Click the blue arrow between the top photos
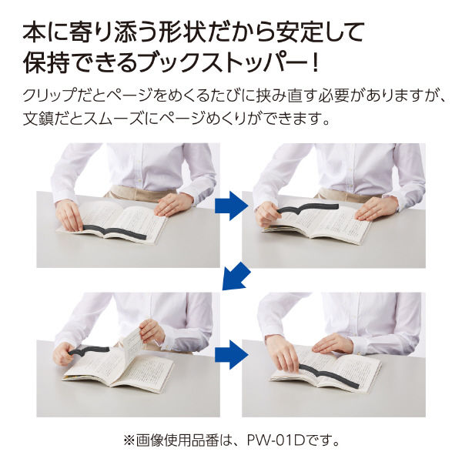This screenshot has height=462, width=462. pos(231,205)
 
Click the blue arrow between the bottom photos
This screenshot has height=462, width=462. pos(231,354)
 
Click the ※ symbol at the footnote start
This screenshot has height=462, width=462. pos(128,443)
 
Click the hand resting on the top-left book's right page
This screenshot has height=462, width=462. pos(172,204)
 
